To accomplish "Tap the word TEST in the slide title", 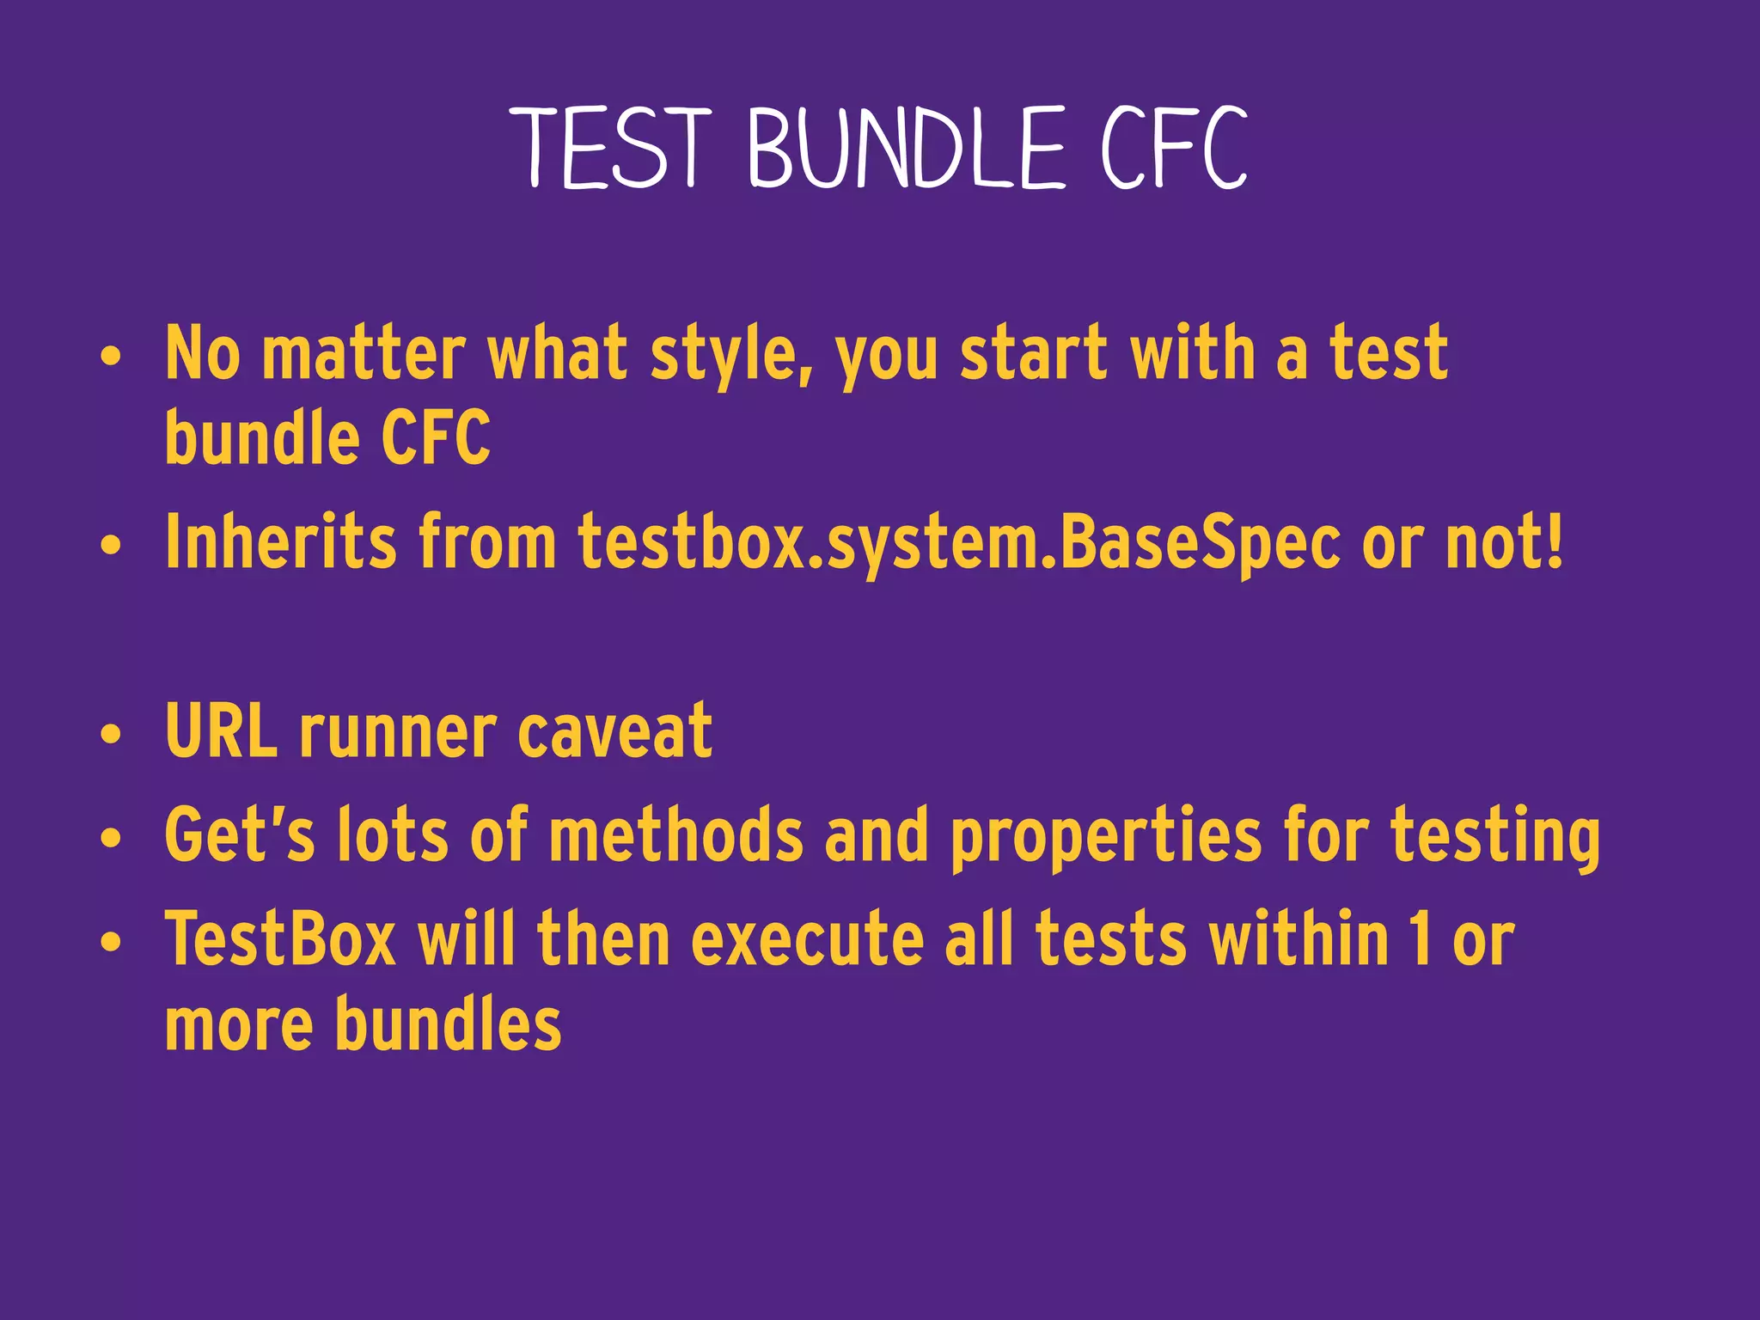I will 615,148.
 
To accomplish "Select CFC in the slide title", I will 1175,148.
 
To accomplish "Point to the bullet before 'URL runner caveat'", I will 110,735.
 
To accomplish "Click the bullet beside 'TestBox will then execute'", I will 110,943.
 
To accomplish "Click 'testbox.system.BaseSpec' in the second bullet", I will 958,543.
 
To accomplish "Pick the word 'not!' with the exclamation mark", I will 1505,543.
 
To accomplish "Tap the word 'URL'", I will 222,732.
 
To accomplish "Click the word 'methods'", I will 676,835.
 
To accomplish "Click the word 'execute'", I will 808,940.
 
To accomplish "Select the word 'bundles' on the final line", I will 448,1024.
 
